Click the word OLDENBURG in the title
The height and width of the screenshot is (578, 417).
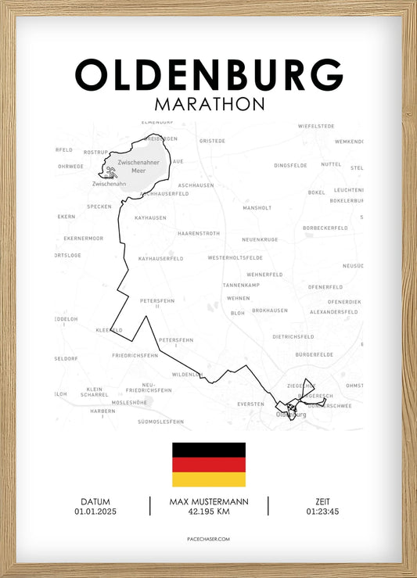pyautogui.click(x=208, y=75)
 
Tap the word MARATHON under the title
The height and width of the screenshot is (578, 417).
pyautogui.click(x=209, y=104)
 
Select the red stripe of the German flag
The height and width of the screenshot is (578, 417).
pyautogui.click(x=208, y=465)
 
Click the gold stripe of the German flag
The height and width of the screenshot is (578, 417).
pyautogui.click(x=208, y=479)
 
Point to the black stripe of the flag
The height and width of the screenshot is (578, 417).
pyautogui.click(x=208, y=450)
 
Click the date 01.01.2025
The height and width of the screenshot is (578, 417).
pyautogui.click(x=95, y=512)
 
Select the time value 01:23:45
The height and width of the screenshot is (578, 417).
pyautogui.click(x=323, y=512)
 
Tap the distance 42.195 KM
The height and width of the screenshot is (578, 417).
pyautogui.click(x=208, y=512)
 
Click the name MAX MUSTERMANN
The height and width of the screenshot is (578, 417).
pyautogui.click(x=208, y=501)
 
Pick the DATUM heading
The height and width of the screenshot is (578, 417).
pyautogui.click(x=95, y=501)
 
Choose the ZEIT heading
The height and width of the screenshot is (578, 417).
pyautogui.click(x=323, y=501)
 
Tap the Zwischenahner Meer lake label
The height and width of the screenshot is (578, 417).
pyautogui.click(x=137, y=166)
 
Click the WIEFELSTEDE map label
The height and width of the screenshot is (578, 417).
pyautogui.click(x=316, y=126)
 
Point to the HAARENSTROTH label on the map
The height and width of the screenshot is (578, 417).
pyautogui.click(x=198, y=233)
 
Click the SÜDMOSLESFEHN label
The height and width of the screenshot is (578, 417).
pyautogui.click(x=160, y=422)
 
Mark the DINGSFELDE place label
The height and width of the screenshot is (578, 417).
pyautogui.click(x=291, y=166)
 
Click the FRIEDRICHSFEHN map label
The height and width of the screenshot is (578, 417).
pyautogui.click(x=135, y=355)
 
